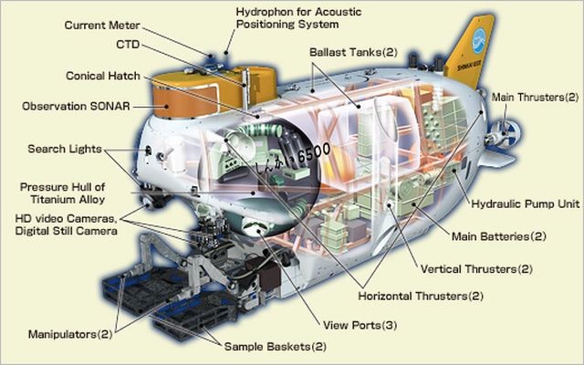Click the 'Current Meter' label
point(101,25)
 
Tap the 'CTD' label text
point(128,44)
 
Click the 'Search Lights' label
point(66,149)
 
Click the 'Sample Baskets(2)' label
point(271,346)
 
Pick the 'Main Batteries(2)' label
point(499,236)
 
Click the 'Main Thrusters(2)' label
point(535,97)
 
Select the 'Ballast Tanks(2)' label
point(352,52)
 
